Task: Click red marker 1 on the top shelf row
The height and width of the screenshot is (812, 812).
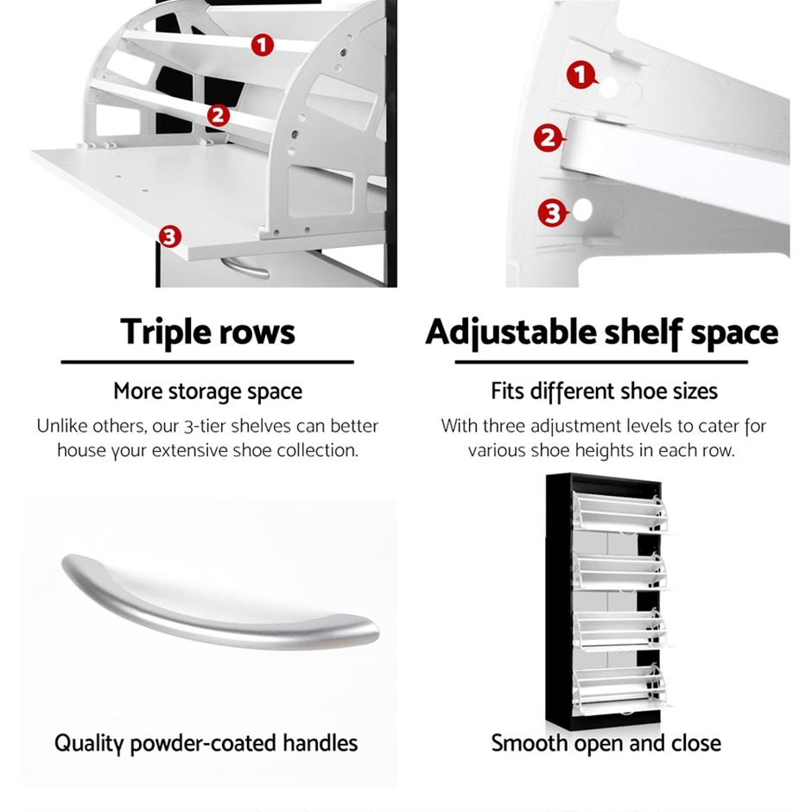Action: pyautogui.click(x=263, y=45)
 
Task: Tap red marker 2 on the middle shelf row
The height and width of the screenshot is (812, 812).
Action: pyautogui.click(x=218, y=115)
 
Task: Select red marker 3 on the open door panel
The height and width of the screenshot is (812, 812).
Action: pyautogui.click(x=169, y=237)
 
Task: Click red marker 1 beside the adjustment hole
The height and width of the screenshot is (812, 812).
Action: pyautogui.click(x=581, y=75)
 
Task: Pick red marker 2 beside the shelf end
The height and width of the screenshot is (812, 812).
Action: pyautogui.click(x=548, y=137)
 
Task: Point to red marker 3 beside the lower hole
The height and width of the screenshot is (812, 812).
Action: pyautogui.click(x=553, y=213)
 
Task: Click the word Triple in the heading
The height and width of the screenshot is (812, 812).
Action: pyautogui.click(x=164, y=332)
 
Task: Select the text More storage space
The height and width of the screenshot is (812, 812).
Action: pyautogui.click(x=207, y=391)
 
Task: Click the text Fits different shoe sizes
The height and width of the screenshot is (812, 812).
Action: pyautogui.click(x=604, y=391)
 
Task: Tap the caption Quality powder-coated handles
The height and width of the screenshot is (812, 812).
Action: pyautogui.click(x=206, y=743)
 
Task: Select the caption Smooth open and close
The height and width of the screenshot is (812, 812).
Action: pyautogui.click(x=606, y=743)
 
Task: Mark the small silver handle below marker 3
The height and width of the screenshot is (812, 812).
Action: pyautogui.click(x=245, y=266)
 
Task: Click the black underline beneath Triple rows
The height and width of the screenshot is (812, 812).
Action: pyautogui.click(x=207, y=362)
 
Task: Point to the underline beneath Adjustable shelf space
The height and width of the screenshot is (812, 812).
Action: pyautogui.click(x=601, y=362)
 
